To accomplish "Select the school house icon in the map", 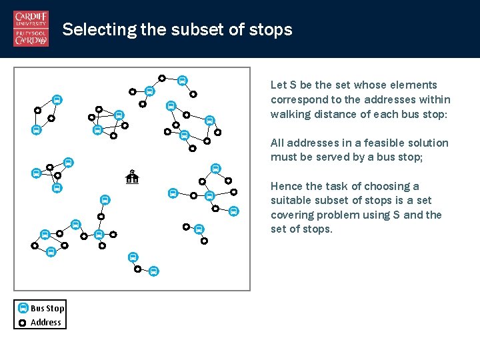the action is (132, 177).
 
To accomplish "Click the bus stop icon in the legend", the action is (23, 308).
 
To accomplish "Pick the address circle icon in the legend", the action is (23, 323).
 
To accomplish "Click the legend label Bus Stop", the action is (47, 308).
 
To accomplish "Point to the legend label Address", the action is (46, 323).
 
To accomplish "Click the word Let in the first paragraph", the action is (279, 85).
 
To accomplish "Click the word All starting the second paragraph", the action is (278, 143).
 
